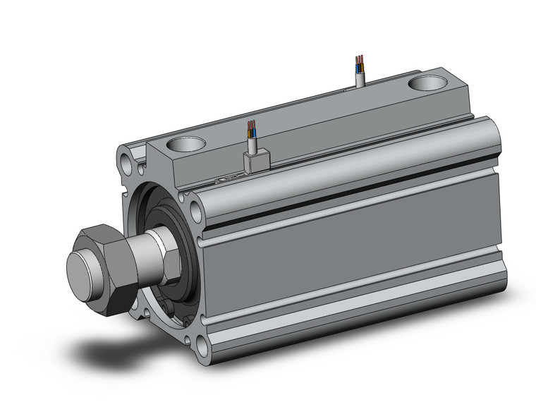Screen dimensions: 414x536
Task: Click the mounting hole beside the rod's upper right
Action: tap(195, 209)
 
